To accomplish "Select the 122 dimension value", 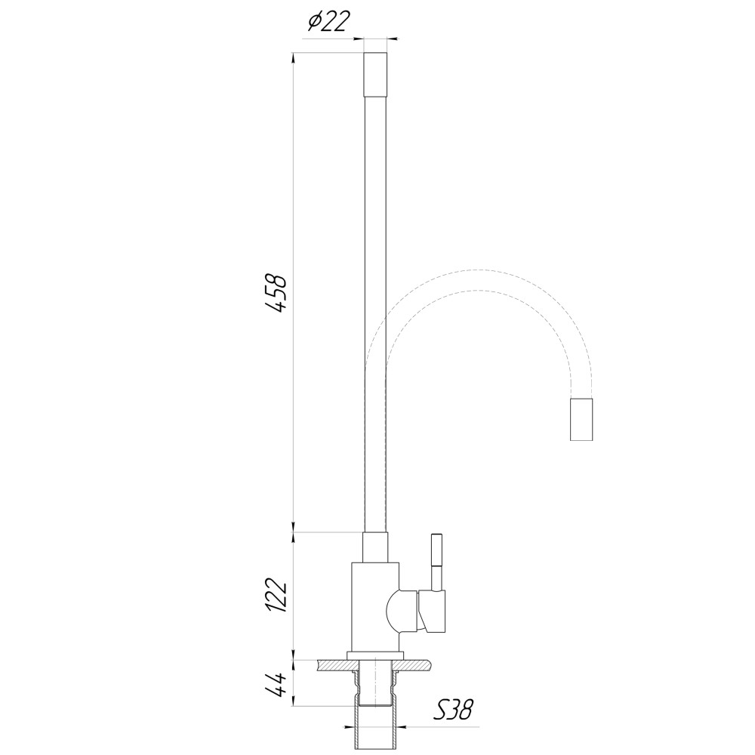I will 276,596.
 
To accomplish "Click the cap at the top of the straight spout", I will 375,74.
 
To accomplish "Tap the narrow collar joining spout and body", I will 375,547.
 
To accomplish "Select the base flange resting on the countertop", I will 375,654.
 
